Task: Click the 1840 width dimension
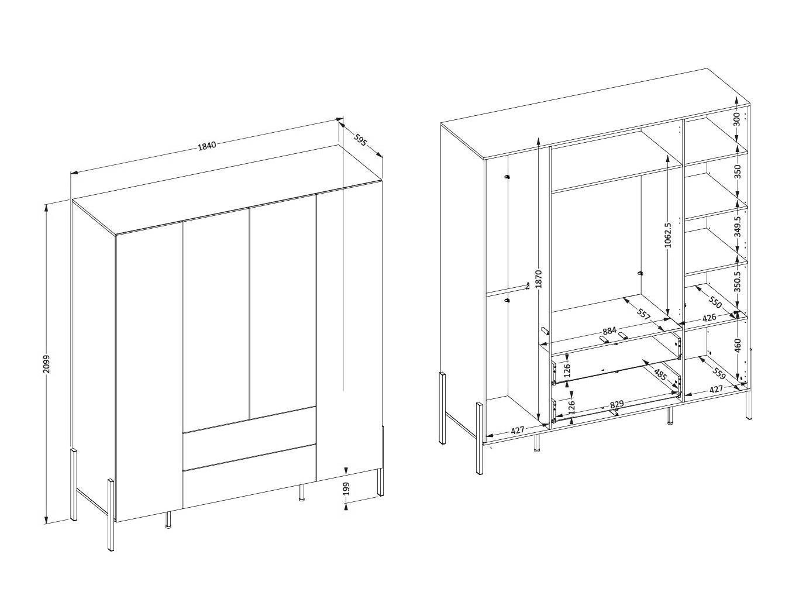[207, 146]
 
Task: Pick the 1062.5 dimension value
[668, 235]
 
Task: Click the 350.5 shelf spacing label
[737, 281]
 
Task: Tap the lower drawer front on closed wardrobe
[249, 475]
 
